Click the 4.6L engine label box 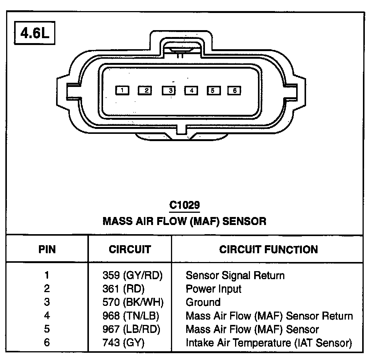(35, 34)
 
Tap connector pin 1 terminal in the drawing (122, 90)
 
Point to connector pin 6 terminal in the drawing (234, 90)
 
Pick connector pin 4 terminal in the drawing (191, 90)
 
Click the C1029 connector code (185, 206)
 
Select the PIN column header (47, 250)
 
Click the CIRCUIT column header (130, 250)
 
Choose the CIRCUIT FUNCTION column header (268, 250)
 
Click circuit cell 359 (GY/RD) (132, 275)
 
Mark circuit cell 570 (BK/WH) (133, 302)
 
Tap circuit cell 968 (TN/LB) (131, 316)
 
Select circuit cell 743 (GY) (123, 343)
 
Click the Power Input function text (213, 289)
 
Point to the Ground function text (203, 302)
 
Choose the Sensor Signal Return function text (235, 275)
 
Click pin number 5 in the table (47, 329)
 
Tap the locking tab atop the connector (181, 47)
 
